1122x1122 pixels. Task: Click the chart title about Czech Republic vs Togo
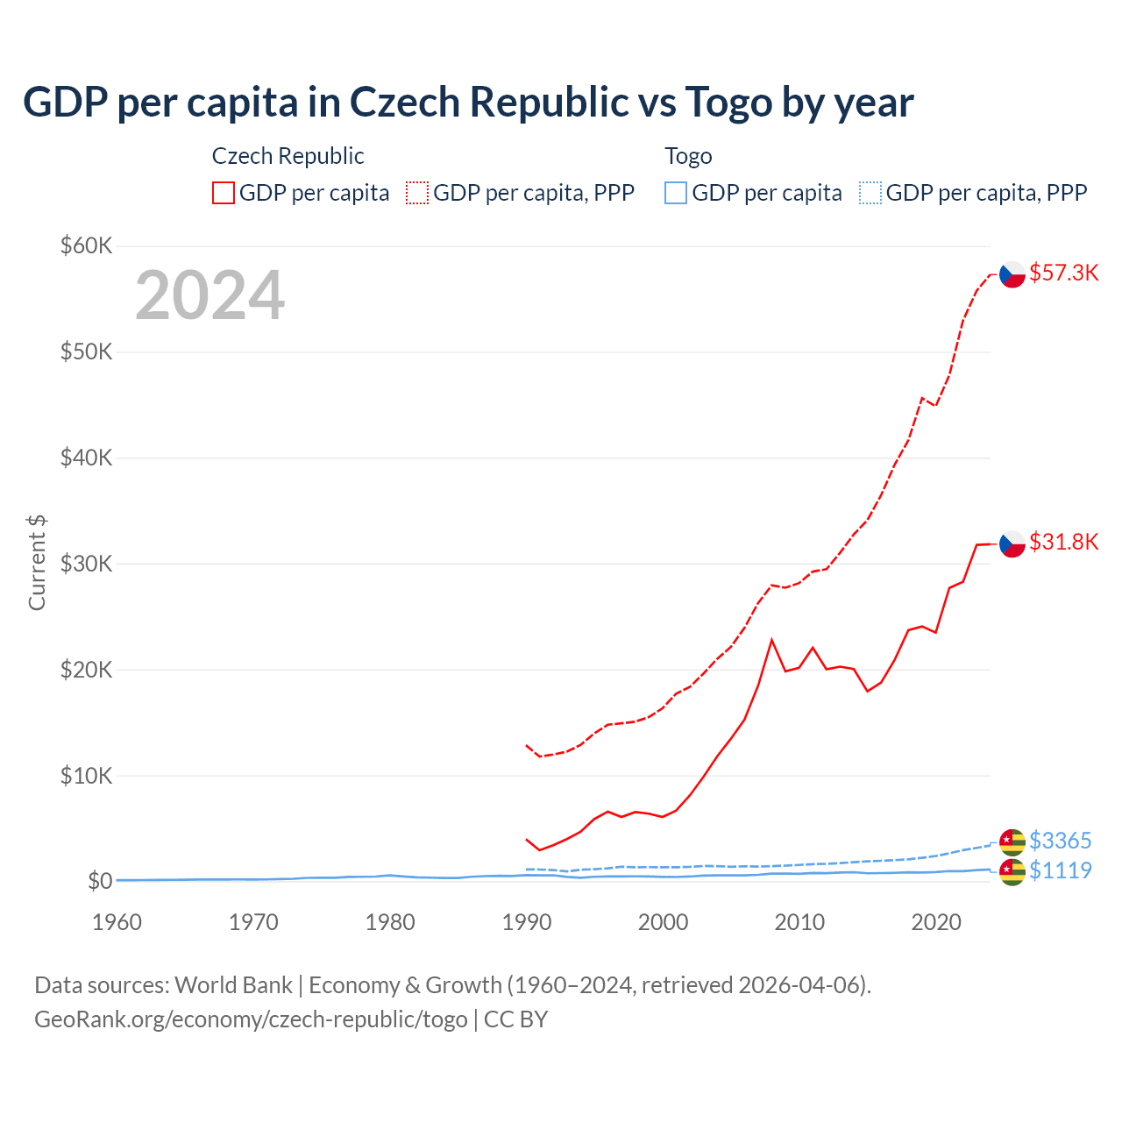click(x=468, y=103)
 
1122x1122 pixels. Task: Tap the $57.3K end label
click(x=1063, y=273)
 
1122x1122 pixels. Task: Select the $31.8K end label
click(x=1063, y=542)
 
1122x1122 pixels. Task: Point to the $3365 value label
click(x=1060, y=841)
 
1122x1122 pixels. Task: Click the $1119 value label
click(x=1060, y=870)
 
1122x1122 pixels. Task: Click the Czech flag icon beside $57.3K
click(x=1012, y=274)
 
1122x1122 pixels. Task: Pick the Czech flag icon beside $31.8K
click(x=1012, y=543)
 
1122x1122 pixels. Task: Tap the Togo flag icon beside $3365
click(x=1012, y=841)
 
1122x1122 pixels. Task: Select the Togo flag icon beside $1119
click(x=1012, y=871)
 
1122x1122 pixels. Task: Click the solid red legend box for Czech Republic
click(x=224, y=193)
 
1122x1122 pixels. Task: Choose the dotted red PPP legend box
click(x=417, y=193)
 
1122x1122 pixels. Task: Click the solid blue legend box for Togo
click(x=676, y=193)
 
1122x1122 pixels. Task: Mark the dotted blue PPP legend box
click(x=870, y=193)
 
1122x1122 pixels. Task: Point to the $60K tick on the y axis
click(x=86, y=245)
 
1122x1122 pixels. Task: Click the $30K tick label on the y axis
click(x=86, y=564)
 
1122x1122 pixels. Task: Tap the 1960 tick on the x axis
click(x=117, y=922)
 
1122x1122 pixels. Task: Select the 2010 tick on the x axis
click(x=799, y=922)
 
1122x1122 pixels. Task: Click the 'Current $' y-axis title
click(x=37, y=563)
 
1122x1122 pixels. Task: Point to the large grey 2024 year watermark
click(x=209, y=295)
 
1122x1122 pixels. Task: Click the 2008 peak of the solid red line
click(x=771, y=640)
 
